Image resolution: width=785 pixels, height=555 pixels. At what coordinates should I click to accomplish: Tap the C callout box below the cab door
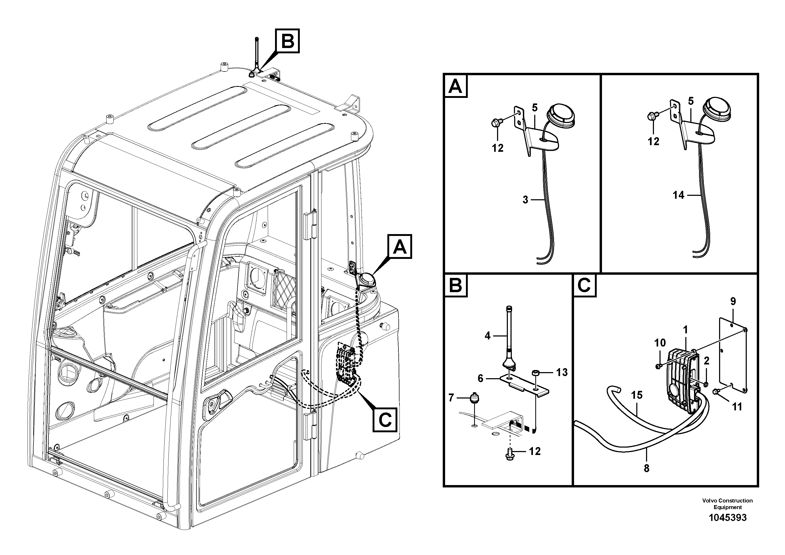point(385,419)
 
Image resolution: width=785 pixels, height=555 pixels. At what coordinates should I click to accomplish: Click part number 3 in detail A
point(526,200)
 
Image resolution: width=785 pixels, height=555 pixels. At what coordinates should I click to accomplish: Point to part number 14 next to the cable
point(678,195)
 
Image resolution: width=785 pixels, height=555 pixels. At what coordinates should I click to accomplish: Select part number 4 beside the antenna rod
point(488,336)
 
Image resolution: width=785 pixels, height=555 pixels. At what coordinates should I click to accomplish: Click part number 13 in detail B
point(562,372)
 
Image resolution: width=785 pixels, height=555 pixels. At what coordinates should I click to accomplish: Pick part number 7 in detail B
point(451,398)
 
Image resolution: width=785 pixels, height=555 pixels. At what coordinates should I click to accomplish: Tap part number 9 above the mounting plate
point(733,301)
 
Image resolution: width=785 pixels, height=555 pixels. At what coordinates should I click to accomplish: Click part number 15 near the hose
point(637,395)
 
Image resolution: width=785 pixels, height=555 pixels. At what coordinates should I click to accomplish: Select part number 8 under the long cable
point(646,468)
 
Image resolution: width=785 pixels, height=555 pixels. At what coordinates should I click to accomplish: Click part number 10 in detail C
point(660,343)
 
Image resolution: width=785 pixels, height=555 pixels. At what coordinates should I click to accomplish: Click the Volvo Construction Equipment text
point(728,504)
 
